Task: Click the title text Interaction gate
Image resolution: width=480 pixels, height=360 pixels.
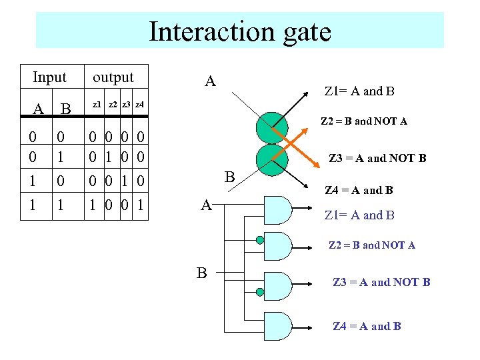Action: coord(239,31)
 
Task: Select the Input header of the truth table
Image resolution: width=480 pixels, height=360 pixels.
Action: coord(49,77)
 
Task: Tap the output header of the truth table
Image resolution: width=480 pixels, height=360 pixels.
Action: coord(113,77)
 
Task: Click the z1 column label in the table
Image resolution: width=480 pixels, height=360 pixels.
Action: coord(97,105)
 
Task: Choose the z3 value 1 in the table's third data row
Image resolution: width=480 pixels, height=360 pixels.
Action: coord(125,181)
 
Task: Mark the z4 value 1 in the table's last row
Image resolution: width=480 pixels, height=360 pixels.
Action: coord(141,204)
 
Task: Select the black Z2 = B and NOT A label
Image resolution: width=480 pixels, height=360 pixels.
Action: coord(364,121)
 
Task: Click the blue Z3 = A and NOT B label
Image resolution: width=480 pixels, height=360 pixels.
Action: coord(381,282)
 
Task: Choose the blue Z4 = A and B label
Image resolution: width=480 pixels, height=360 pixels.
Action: coord(367,326)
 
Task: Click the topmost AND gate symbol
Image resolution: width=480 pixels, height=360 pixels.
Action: coord(279,209)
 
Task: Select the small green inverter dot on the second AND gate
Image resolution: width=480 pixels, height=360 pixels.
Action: coord(259,240)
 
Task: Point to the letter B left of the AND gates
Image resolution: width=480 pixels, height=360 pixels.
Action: coord(201,272)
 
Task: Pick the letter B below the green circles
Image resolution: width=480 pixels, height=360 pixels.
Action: coord(230,177)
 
